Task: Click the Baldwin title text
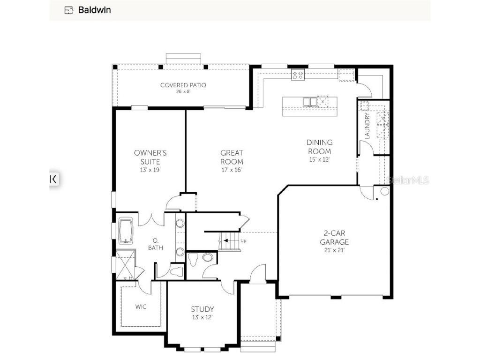94,10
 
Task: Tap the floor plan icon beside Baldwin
69,10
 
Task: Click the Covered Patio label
183,85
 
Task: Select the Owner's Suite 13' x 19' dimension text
150,170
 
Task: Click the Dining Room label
320,146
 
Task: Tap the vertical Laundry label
367,125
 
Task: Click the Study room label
202,309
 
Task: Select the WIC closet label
141,307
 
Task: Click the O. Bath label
155,244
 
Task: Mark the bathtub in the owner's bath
126,231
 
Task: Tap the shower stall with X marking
126,265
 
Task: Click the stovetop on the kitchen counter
298,74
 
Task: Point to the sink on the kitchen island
309,101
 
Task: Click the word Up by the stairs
243,240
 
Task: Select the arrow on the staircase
226,240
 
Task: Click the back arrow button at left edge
54,179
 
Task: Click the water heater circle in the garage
385,191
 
